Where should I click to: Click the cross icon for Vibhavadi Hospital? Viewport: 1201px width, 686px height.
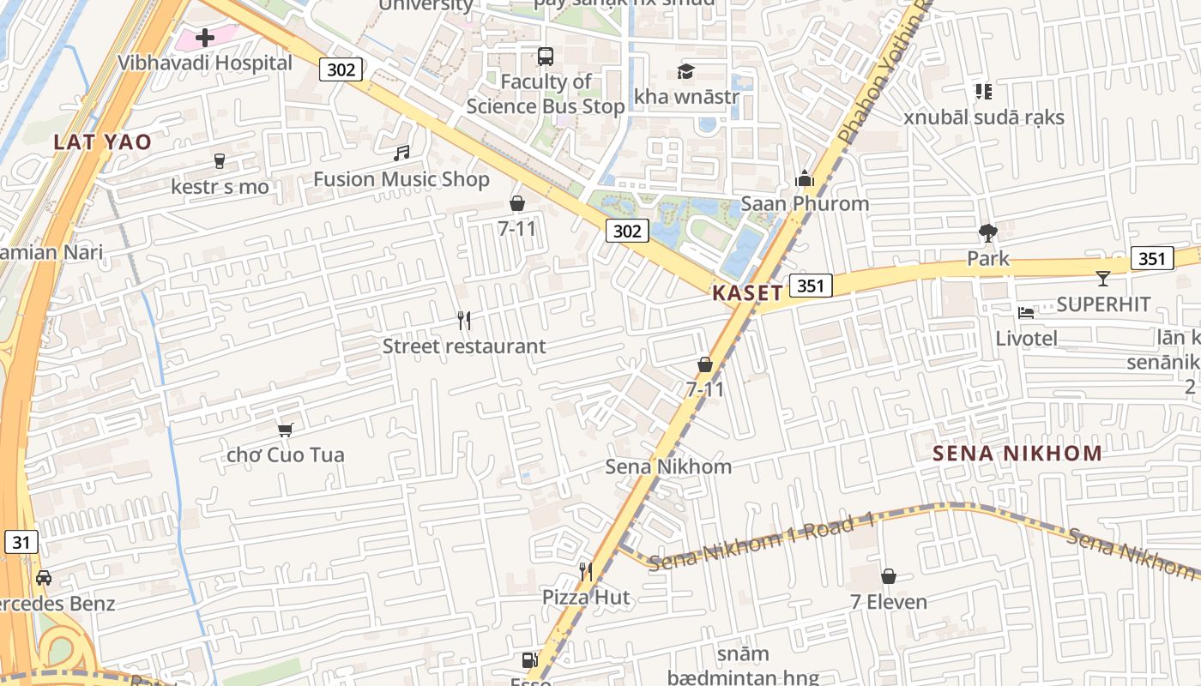(204, 38)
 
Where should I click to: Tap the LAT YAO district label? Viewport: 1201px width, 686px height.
(103, 142)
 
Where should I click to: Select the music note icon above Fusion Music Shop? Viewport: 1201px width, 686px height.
(401, 153)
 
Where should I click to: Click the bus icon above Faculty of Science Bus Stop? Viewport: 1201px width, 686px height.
(545, 57)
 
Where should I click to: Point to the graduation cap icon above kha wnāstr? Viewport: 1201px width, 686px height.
(685, 71)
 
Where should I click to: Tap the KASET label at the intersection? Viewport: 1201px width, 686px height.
(747, 292)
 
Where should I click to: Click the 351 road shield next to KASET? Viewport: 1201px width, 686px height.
(811, 286)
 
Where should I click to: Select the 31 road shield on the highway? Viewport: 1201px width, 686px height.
(21, 542)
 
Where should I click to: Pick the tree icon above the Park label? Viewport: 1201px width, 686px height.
(987, 232)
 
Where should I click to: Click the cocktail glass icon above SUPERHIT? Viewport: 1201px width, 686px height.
(1102, 279)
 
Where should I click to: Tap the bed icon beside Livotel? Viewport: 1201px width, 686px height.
(1025, 312)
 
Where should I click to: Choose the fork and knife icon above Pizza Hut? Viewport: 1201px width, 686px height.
(586, 571)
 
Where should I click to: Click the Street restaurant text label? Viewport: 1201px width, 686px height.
(463, 346)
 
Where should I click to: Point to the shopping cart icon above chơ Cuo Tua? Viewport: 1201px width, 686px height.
(285, 429)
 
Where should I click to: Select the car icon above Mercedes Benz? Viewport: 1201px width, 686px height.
(44, 577)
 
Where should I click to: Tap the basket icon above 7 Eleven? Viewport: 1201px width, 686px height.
(889, 576)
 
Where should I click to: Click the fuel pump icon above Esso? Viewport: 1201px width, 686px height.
(528, 660)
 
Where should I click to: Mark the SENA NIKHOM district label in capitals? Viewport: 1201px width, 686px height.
(1017, 454)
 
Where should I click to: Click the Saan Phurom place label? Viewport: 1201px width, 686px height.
(805, 204)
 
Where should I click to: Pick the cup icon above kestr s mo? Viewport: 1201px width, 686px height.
(219, 160)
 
